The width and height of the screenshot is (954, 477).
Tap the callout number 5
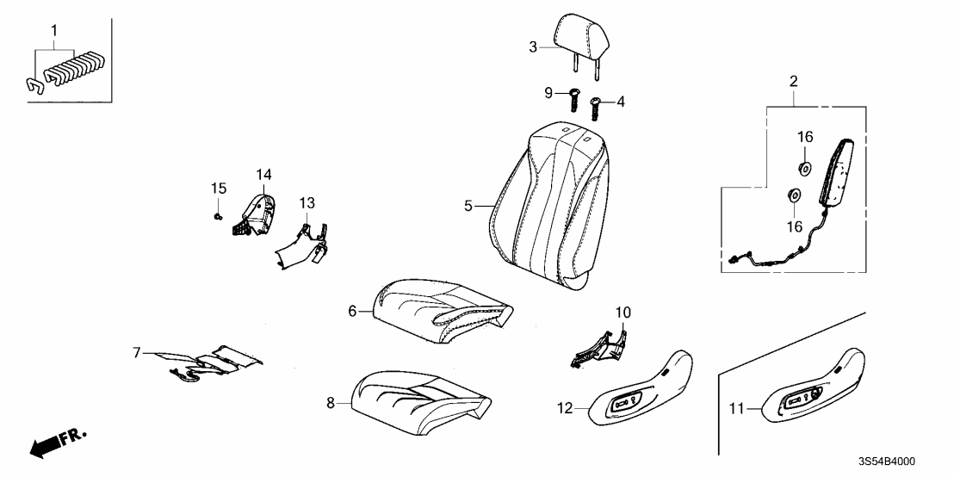[468, 206]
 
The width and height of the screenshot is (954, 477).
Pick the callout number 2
[794, 82]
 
